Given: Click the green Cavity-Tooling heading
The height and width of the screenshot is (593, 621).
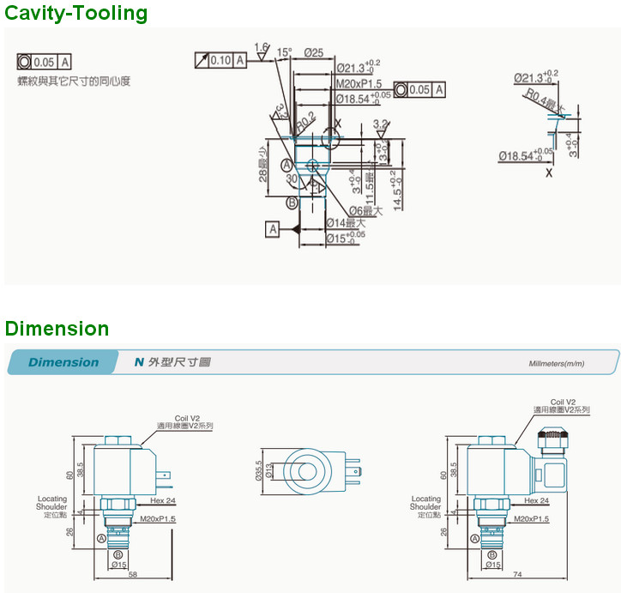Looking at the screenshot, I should tap(76, 13).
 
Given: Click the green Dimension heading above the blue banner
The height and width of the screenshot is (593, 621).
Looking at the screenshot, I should tap(57, 329).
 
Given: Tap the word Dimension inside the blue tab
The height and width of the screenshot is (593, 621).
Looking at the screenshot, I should tap(63, 362).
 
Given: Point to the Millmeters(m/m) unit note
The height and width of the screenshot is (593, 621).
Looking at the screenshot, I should tap(556, 364).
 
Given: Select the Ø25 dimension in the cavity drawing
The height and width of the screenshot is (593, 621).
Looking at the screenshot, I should tap(313, 53).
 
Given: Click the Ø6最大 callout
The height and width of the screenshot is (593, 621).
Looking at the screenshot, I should tap(365, 210).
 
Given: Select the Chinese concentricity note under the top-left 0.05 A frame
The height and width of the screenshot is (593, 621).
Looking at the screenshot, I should tap(75, 82).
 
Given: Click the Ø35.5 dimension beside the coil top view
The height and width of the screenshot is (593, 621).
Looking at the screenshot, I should tap(257, 469).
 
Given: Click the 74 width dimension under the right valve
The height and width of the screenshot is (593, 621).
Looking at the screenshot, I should tap(516, 575).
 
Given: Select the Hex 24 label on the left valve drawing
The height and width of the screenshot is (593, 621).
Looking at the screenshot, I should tap(163, 500).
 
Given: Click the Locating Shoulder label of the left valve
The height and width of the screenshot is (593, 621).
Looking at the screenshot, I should tap(52, 506).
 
